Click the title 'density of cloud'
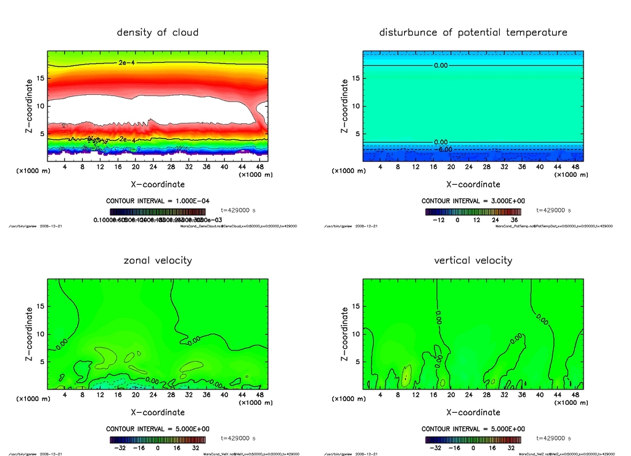coord(158,32)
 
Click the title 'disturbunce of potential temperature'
coord(473,32)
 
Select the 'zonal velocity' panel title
coord(158,260)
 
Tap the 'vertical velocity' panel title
coord(473,260)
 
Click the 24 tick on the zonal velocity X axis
coord(153,394)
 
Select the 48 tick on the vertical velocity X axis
coord(575,394)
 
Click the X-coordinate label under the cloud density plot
coord(158,184)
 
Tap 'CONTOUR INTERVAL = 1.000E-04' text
coord(158,201)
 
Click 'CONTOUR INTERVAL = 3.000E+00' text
coord(473,201)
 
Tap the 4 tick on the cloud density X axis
coord(65,166)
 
